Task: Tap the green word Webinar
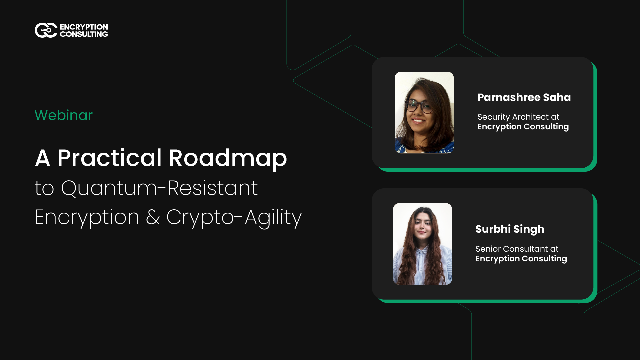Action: click(64, 115)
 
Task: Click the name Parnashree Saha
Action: click(524, 97)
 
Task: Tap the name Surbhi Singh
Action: click(510, 229)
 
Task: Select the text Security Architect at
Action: click(517, 116)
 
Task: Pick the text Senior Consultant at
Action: click(516, 248)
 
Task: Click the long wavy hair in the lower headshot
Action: click(408, 260)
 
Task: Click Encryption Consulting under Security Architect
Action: click(523, 127)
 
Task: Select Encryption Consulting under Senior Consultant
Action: click(521, 258)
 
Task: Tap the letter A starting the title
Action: click(43, 158)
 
